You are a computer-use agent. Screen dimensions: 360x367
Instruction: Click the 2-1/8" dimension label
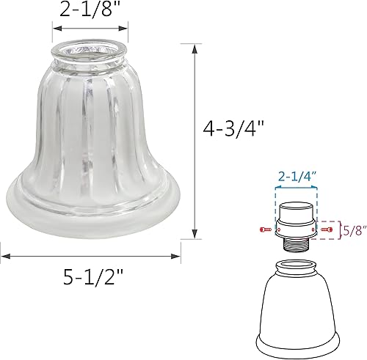coord(87,10)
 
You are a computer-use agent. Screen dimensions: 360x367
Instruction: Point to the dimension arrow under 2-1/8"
coord(87,29)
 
